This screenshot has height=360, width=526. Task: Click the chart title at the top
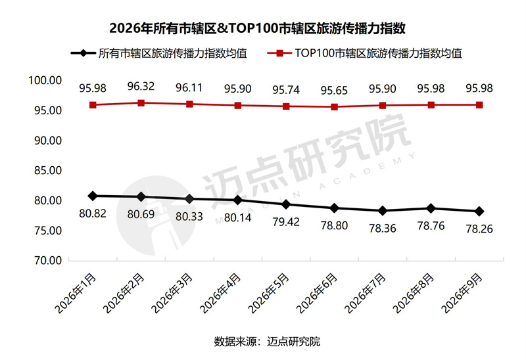(x=257, y=28)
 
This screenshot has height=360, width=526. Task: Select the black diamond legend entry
(x=159, y=53)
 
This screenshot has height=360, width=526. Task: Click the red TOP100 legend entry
(x=365, y=53)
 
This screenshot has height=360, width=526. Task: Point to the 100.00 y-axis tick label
(x=45, y=80)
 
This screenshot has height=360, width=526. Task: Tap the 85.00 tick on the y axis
(x=48, y=170)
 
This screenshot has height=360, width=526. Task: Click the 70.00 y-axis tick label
(x=48, y=260)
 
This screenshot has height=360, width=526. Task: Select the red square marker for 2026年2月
(x=141, y=103)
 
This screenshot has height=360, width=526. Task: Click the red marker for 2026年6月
(x=335, y=107)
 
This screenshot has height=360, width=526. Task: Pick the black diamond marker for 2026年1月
(x=93, y=196)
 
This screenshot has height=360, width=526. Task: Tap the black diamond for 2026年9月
(x=479, y=211)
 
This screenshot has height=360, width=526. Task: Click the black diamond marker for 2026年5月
(x=286, y=204)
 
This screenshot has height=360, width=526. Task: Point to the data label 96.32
(x=141, y=87)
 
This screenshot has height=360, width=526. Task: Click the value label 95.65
(x=334, y=91)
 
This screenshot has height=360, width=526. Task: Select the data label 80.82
(x=93, y=214)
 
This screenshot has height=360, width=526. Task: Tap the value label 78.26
(x=479, y=229)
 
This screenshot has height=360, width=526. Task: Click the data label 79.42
(x=286, y=222)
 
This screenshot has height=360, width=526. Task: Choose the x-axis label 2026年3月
(x=172, y=293)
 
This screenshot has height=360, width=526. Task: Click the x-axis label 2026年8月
(x=414, y=293)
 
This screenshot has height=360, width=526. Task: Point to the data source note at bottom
(x=267, y=342)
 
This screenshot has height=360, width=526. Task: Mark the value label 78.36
(x=383, y=229)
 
